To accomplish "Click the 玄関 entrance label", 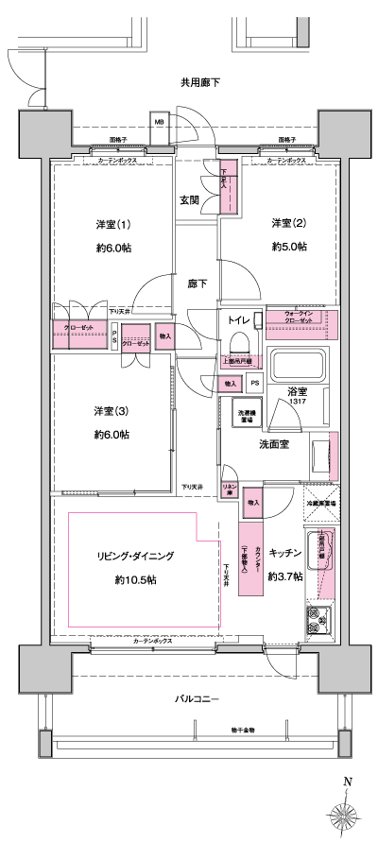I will [x=189, y=200].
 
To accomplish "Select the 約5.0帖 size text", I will [x=288, y=247].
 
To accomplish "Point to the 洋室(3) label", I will [x=112, y=411].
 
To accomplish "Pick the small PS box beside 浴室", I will [x=255, y=384].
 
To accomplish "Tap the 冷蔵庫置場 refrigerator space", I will [x=322, y=504].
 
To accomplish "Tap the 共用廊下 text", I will [x=199, y=83].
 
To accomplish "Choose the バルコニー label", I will [x=196, y=698].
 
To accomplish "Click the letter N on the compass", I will [x=347, y=782].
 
